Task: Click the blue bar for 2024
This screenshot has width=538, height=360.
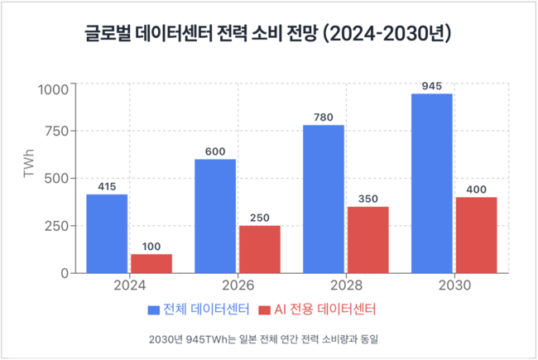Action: click(107, 233)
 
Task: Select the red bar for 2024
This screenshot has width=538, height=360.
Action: click(151, 263)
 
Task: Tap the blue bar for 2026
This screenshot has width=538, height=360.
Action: click(215, 216)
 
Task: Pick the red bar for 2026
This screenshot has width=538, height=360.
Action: click(260, 249)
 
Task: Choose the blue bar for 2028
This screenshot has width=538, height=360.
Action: click(324, 199)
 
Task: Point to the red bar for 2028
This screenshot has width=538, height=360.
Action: click(367, 240)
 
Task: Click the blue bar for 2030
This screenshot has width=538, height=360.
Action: click(431, 183)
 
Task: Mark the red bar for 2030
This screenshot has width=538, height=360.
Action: click(476, 235)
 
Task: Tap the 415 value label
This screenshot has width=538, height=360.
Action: click(107, 185)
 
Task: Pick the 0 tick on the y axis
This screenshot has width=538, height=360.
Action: click(67, 273)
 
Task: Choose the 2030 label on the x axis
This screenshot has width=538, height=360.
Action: click(454, 286)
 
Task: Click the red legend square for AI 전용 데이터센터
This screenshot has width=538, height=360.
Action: click(265, 310)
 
